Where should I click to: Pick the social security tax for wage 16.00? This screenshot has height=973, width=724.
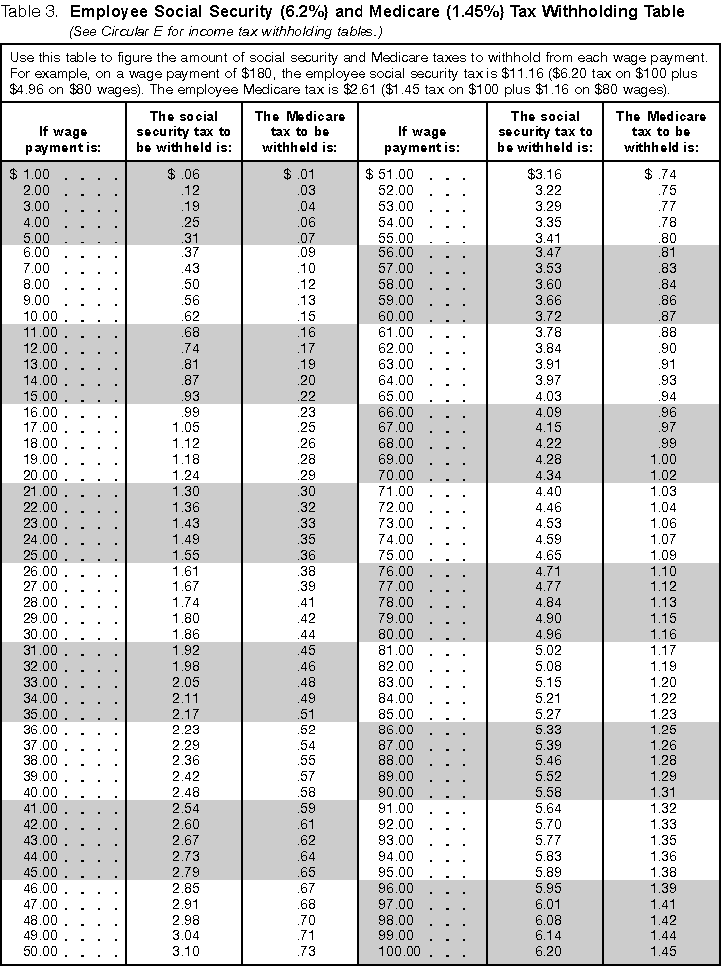point(184,411)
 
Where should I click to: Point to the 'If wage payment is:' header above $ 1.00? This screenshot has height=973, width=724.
point(63,139)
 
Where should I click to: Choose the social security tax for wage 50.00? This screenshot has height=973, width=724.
point(184,950)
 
